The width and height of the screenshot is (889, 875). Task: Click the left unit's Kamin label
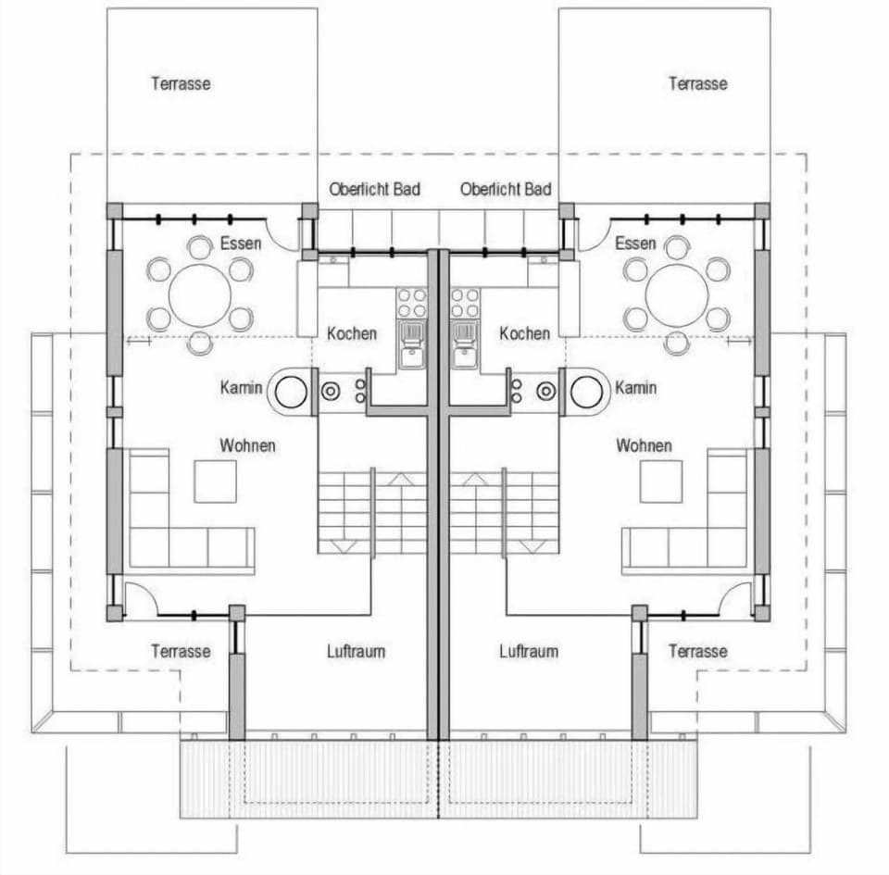click(x=242, y=386)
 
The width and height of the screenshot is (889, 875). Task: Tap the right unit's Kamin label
click(x=635, y=386)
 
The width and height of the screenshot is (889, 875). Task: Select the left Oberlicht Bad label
click(x=374, y=189)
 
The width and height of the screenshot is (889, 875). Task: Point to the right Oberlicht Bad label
click(x=506, y=189)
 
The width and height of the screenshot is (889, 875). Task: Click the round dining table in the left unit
click(x=200, y=294)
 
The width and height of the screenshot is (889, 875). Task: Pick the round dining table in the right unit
click(x=677, y=294)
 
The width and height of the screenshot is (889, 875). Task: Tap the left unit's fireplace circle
click(x=291, y=392)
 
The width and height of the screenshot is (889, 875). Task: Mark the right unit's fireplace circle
click(x=586, y=392)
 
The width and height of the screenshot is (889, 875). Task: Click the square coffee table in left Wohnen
click(x=215, y=481)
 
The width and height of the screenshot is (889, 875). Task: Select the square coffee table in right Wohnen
click(x=661, y=481)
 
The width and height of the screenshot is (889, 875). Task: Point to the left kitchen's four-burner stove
click(x=412, y=304)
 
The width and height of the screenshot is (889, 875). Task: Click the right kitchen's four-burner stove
click(x=465, y=304)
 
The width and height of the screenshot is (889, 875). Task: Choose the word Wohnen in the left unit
click(x=247, y=445)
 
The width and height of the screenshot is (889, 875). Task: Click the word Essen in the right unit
click(x=635, y=244)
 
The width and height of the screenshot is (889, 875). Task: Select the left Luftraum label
click(x=356, y=651)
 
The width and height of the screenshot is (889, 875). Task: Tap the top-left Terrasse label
click(x=181, y=83)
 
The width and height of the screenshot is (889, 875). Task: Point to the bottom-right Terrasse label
click(x=697, y=651)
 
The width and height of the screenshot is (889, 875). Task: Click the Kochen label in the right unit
click(x=525, y=332)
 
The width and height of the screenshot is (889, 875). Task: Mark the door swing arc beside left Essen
click(x=282, y=234)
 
